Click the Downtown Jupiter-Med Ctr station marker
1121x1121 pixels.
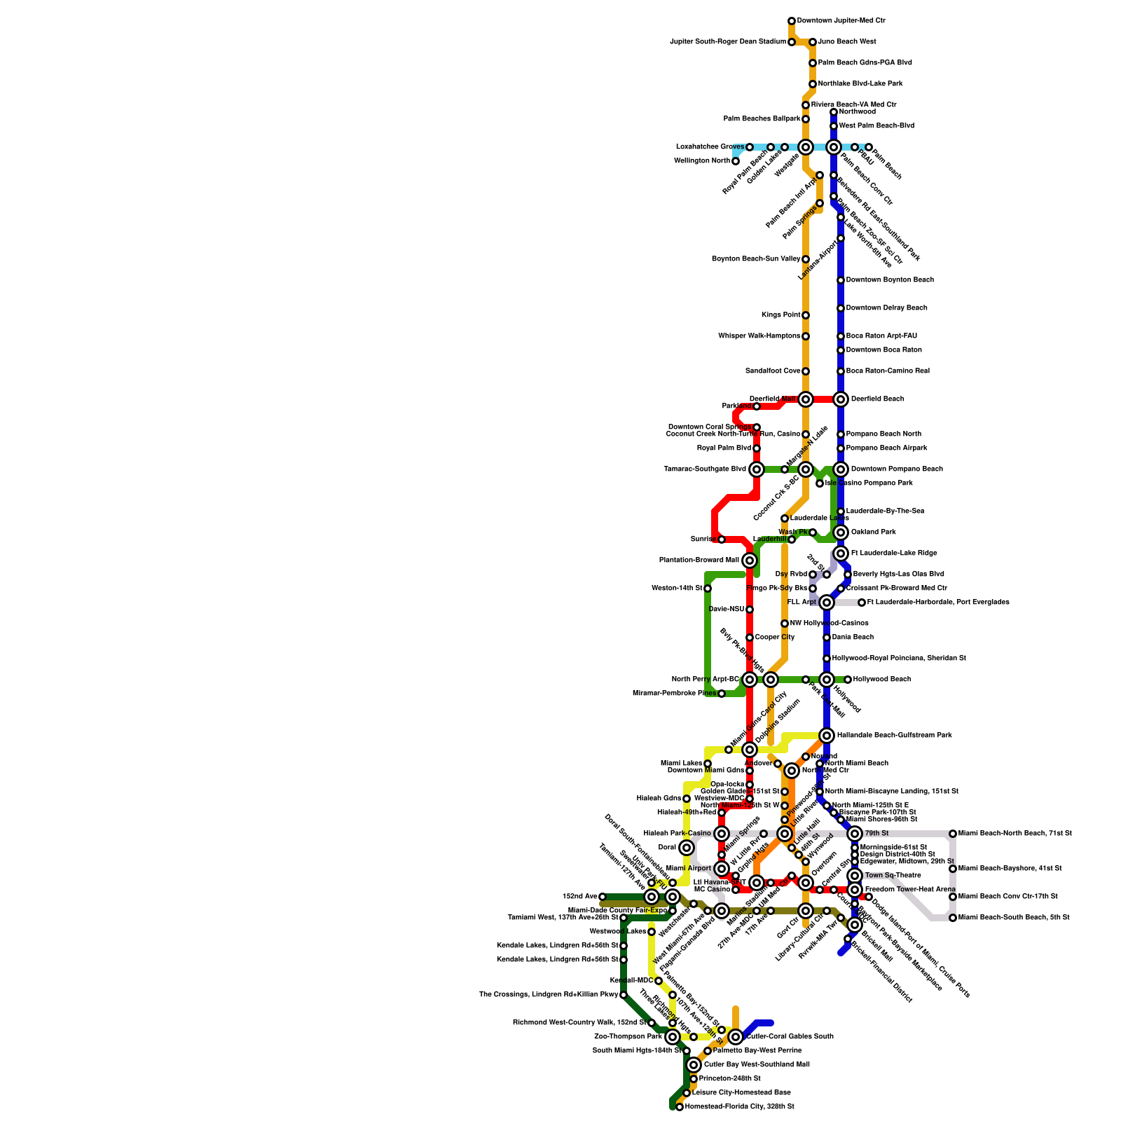point(792,21)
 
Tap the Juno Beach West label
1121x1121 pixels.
point(846,42)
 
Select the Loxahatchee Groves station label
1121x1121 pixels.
point(710,147)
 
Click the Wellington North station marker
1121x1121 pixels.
point(736,161)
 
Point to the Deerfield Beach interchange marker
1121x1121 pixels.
point(841,399)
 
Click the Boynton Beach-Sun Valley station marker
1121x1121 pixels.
point(806,259)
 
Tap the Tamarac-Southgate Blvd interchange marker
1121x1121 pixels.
point(757,469)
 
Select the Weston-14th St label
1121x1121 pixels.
point(676,589)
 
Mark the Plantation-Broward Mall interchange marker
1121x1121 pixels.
point(750,560)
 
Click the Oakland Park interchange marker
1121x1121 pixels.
point(841,532)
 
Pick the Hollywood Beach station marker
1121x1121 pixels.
point(848,680)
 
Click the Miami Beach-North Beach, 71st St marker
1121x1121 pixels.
point(953,834)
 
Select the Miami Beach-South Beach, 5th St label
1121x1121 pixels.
point(1013,918)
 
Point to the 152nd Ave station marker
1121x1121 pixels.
point(603,897)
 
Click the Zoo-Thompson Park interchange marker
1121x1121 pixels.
point(673,1037)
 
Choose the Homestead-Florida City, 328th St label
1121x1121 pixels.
point(739,1107)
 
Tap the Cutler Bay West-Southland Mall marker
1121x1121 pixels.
point(694,1065)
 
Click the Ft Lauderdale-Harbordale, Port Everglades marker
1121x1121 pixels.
point(862,603)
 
